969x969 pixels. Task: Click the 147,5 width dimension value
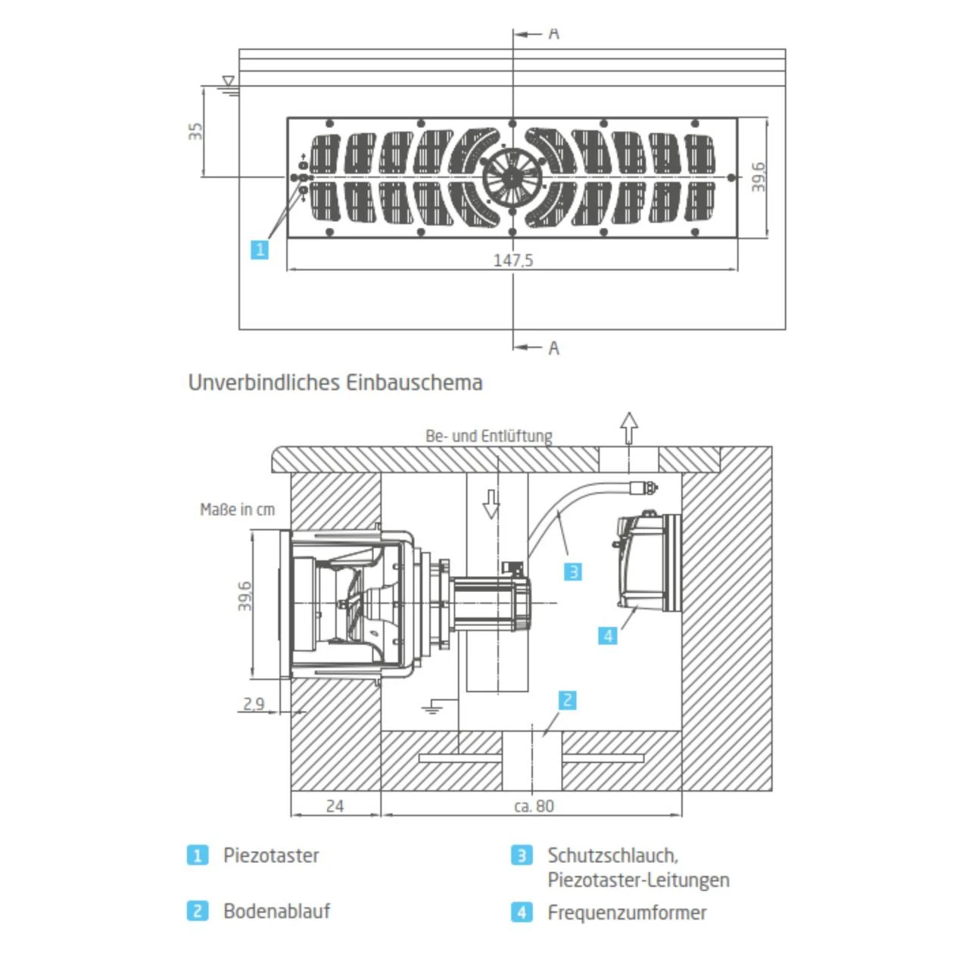click(x=513, y=260)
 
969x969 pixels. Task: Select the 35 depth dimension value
click(x=196, y=131)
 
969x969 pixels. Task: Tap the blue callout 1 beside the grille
click(x=260, y=249)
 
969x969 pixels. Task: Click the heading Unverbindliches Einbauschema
click(x=335, y=382)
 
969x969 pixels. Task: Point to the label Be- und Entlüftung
click(x=488, y=436)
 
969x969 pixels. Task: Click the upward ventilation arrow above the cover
click(x=629, y=428)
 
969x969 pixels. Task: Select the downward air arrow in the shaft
click(x=491, y=503)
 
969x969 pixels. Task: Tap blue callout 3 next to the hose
click(x=573, y=572)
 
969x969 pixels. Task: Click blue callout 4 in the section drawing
click(x=608, y=636)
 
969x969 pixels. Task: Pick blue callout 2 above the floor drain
click(x=567, y=700)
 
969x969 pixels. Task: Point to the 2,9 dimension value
click(x=254, y=704)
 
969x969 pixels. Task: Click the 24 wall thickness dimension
click(x=335, y=806)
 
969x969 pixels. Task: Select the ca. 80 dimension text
click(x=534, y=806)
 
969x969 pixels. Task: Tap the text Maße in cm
click(x=237, y=509)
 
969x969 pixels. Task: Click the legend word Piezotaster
click(x=271, y=855)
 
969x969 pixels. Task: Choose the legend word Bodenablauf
click(x=276, y=911)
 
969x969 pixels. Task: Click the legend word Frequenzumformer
click(x=627, y=912)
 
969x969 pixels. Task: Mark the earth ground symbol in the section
click(x=432, y=708)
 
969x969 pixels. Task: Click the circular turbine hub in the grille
click(x=513, y=177)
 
